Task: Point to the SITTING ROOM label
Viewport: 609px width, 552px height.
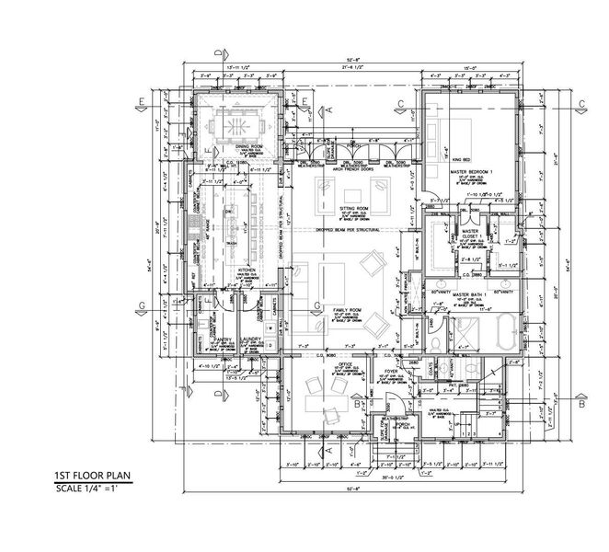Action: click(353, 209)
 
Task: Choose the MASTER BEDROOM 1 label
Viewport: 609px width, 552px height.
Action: click(471, 170)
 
